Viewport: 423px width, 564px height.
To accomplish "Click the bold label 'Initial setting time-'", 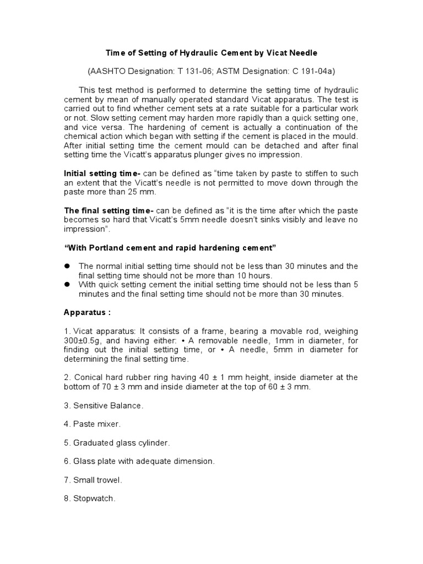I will [101, 173].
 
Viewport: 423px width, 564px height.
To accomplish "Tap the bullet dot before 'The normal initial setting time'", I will [68, 266].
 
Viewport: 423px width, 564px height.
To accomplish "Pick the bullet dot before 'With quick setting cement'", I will [68, 285].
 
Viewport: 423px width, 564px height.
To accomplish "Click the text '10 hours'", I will [255, 275].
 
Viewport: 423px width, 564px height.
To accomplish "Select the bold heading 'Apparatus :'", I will [88, 312].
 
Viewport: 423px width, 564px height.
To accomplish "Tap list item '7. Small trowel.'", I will [94, 480].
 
